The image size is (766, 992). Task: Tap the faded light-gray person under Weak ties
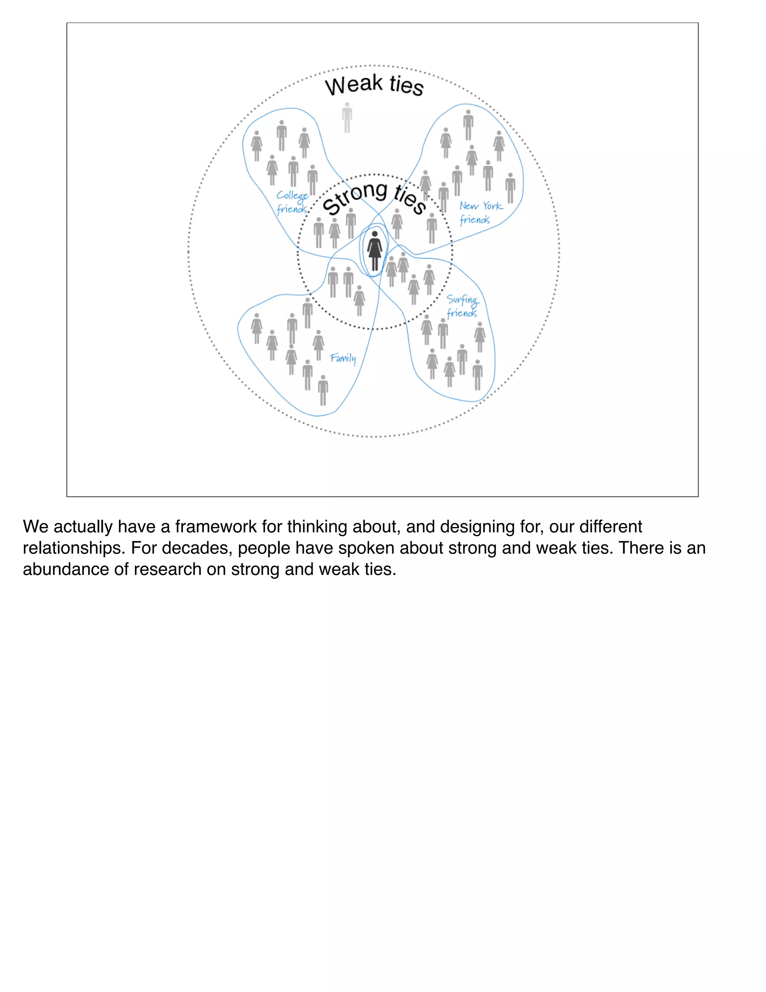coord(347,118)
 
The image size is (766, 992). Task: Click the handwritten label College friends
coord(292,202)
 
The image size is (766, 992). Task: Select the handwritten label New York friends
coord(480,213)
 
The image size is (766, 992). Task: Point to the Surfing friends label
coord(462,306)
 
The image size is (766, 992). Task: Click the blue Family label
coord(343,358)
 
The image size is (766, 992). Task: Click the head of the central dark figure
coord(374,234)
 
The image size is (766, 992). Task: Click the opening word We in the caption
coord(36,526)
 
